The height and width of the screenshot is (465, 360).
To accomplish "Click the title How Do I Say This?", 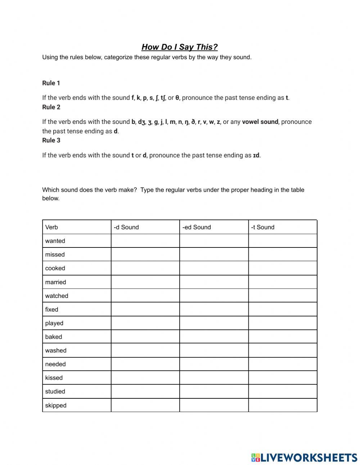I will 179,47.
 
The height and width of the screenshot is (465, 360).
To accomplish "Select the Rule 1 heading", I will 51,83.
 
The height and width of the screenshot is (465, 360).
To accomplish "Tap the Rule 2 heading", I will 51,107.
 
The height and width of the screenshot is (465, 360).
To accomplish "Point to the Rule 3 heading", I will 51,140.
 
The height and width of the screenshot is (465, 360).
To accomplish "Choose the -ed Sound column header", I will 197,227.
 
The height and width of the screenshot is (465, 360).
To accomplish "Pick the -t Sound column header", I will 262,227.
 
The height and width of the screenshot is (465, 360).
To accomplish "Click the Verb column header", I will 51,227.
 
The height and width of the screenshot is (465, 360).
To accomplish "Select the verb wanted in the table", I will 55,241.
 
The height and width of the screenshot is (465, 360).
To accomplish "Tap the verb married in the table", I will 55,282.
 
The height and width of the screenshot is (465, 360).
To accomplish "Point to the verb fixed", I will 51,309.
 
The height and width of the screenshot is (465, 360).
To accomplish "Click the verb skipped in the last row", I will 56,405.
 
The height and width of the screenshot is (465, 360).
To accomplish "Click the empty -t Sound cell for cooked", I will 283,268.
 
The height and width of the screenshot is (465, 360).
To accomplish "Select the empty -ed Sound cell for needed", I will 214,364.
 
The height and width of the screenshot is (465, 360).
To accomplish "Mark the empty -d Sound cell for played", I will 145,323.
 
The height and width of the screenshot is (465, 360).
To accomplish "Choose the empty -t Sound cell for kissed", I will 283,378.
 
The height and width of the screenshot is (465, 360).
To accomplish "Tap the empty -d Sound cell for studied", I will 145,392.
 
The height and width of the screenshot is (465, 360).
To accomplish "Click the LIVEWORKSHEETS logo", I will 304,457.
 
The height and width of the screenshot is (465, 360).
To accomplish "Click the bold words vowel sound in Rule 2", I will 260,122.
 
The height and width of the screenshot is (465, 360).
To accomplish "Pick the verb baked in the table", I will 54,337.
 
